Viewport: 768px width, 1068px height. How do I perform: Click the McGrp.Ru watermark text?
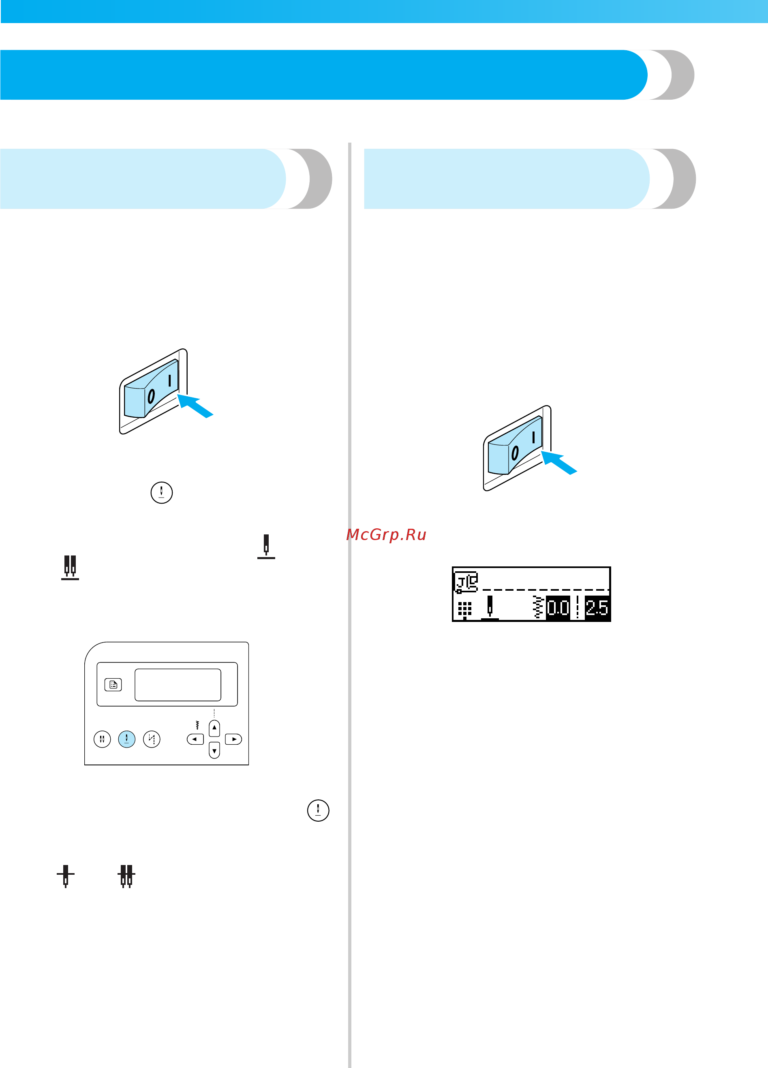[x=386, y=535]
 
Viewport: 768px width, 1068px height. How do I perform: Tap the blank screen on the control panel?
[x=178, y=685]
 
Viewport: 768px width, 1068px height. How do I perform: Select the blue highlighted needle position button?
[x=127, y=739]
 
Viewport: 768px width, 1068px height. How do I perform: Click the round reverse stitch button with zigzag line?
[x=152, y=739]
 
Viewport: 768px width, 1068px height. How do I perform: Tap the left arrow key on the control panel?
[x=195, y=739]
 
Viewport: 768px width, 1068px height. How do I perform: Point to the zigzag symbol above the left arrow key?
[x=197, y=725]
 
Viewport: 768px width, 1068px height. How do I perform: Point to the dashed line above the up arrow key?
[x=214, y=713]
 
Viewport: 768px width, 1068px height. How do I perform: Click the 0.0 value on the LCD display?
[x=558, y=607]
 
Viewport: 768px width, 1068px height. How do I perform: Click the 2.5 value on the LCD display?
[x=597, y=607]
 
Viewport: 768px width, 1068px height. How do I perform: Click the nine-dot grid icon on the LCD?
[x=464, y=609]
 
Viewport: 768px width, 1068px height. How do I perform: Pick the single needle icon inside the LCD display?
[x=490, y=607]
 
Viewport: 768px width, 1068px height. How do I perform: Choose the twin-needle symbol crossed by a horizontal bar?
[x=126, y=876]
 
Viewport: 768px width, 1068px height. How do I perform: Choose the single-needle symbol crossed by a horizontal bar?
[x=66, y=876]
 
